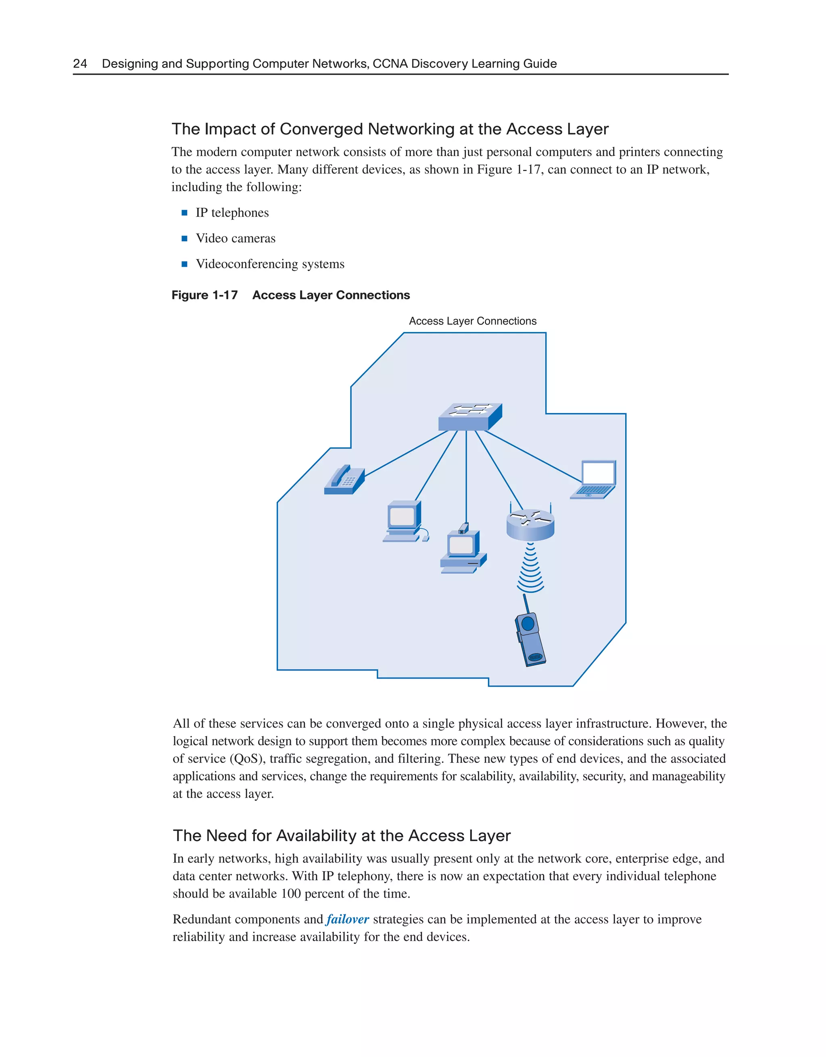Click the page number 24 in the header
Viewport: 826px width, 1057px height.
(80, 63)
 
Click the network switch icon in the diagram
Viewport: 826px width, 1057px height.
(469, 417)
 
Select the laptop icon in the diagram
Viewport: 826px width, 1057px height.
(594, 480)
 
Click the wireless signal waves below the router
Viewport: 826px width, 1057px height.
(530, 569)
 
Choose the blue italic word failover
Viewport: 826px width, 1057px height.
(347, 919)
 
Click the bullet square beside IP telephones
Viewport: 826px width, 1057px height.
(184, 213)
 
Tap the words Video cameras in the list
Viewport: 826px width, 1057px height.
(236, 238)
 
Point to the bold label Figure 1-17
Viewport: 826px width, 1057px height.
(204, 295)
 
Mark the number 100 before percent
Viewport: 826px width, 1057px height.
(291, 894)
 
